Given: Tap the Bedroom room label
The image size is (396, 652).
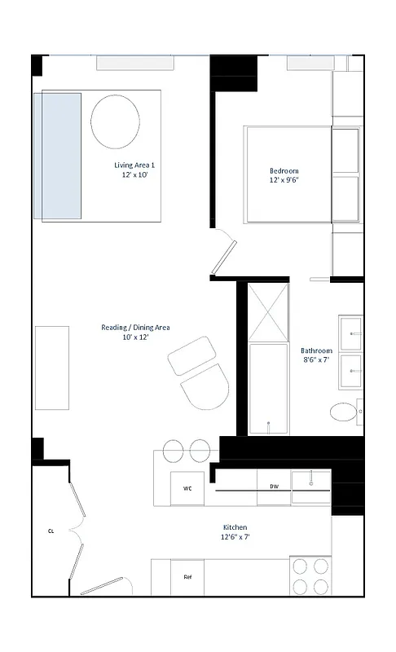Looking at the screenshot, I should click(284, 170).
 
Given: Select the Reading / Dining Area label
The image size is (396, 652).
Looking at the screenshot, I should click(135, 327).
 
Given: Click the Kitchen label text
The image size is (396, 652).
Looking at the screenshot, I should click(235, 527).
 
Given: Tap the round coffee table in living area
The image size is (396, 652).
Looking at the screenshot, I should click(115, 121).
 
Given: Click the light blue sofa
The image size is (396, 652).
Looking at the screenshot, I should click(57, 156).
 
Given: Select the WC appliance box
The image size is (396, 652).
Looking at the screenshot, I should click(187, 489).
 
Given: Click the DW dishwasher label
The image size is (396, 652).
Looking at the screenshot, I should click(275, 487).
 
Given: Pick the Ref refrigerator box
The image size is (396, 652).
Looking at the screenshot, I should click(187, 577).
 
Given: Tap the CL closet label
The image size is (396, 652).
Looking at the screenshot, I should click(50, 531).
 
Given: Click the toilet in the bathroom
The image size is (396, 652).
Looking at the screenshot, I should click(345, 412).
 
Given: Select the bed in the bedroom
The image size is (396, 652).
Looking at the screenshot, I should click(289, 174).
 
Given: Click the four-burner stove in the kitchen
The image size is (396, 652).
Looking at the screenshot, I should click(310, 575).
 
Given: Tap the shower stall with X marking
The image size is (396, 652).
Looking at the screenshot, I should click(268, 311).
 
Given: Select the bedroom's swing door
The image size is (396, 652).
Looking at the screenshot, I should click(222, 254).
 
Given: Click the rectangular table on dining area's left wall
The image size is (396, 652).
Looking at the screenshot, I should click(51, 368).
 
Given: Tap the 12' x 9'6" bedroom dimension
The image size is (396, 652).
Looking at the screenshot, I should click(284, 181).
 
